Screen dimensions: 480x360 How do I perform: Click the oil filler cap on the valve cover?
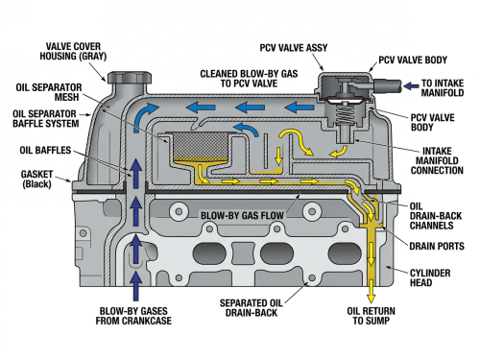pyautogui.click(x=130, y=78)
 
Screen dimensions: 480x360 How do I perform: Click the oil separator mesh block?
pyautogui.click(x=200, y=146)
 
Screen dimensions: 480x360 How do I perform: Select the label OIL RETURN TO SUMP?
pyautogui.click(x=371, y=316)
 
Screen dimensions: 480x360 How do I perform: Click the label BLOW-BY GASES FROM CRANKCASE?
pyautogui.click(x=133, y=316)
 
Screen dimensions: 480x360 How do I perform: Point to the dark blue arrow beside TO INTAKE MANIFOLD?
pyautogui.click(x=411, y=85)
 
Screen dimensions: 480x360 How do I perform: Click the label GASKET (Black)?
pyautogui.click(x=36, y=179)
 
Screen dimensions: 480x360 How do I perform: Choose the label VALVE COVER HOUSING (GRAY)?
pyautogui.click(x=73, y=51)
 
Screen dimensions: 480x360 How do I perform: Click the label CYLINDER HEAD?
pyautogui.click(x=430, y=277)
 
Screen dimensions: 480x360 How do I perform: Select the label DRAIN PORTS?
pyautogui.click(x=437, y=246)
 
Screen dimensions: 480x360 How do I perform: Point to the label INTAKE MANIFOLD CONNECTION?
pyautogui.click(x=437, y=160)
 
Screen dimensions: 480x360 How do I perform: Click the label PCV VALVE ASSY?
pyautogui.click(x=294, y=48)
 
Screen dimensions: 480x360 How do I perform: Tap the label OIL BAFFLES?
pyautogui.click(x=45, y=150)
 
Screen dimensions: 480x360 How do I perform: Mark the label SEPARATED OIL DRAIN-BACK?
pyautogui.click(x=251, y=308)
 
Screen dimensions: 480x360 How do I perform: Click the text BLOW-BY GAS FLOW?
pyautogui.click(x=242, y=215)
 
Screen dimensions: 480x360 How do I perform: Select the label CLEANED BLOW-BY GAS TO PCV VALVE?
pyautogui.click(x=249, y=79)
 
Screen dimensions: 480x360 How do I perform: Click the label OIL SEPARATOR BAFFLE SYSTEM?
pyautogui.click(x=45, y=118)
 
